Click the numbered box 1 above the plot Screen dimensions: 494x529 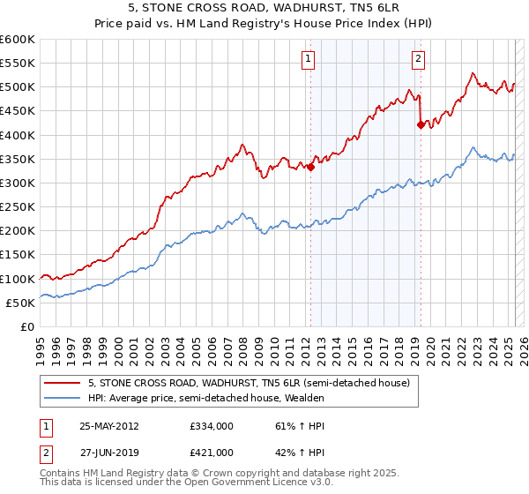[309, 60]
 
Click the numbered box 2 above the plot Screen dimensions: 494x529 [417, 60]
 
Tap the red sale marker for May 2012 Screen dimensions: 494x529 [310, 167]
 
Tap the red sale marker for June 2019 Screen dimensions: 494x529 [421, 125]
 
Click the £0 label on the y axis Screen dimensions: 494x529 [26, 326]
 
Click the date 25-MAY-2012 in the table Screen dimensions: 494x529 [109, 425]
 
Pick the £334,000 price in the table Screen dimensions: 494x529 [211, 425]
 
